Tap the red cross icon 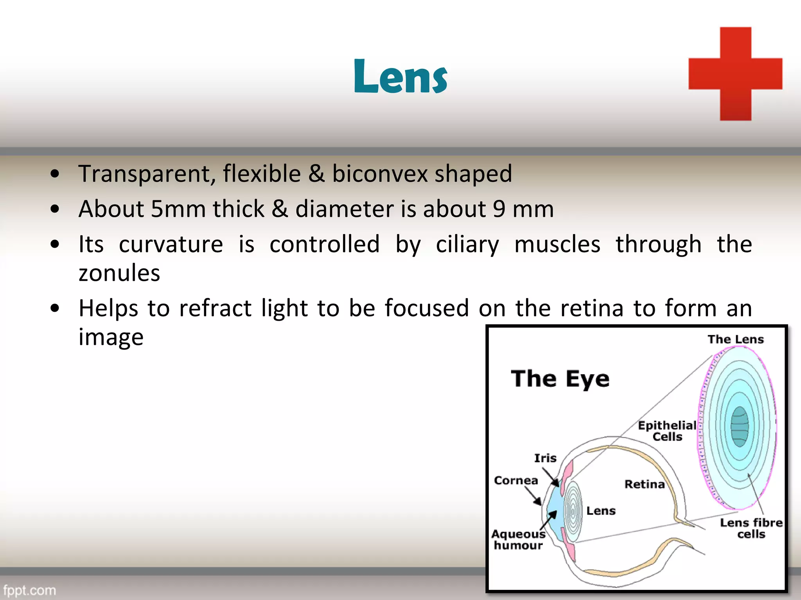735,74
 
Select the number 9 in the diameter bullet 499,209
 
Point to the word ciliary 467,245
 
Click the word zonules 119,273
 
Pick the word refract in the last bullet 215,308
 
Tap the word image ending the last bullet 111,337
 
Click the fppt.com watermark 30,590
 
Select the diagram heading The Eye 560,379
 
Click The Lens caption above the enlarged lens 735,339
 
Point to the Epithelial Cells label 667,431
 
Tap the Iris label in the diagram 545,458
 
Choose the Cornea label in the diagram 516,480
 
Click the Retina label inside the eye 645,484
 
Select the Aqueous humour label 518,539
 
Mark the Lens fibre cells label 751,528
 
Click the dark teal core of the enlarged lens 740,427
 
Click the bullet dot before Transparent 55,174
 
